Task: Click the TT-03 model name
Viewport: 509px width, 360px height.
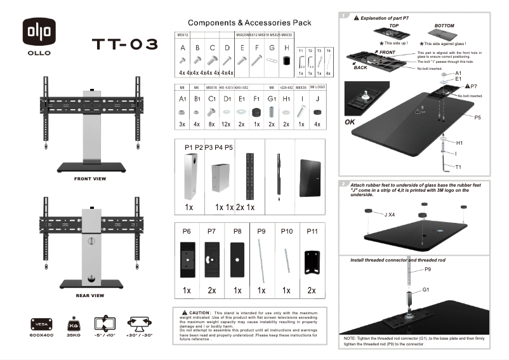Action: tap(124, 44)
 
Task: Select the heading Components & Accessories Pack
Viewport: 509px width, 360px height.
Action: tap(249, 22)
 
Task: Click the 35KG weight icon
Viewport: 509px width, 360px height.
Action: tap(72, 324)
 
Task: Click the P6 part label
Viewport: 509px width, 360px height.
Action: tap(187, 232)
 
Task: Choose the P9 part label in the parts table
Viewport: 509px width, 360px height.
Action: tap(261, 232)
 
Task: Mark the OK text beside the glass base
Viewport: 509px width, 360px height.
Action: tap(350, 122)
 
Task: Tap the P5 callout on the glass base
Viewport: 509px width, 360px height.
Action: tap(477, 117)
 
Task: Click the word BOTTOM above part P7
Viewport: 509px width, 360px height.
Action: tap(444, 25)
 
